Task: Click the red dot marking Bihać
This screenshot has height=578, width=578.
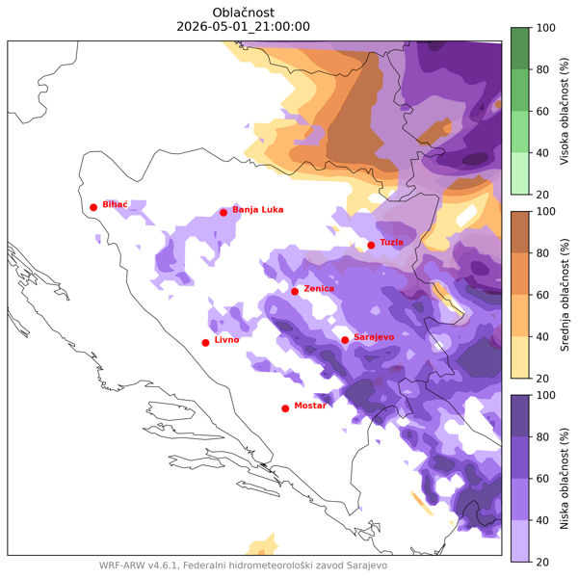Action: pyautogui.click(x=93, y=207)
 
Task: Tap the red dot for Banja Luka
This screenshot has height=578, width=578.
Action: pyautogui.click(x=223, y=213)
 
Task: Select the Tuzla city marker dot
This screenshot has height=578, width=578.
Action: pyautogui.click(x=371, y=246)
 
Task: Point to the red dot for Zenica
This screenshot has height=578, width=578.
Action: pyautogui.click(x=295, y=292)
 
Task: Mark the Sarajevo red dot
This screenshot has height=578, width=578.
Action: pyautogui.click(x=345, y=340)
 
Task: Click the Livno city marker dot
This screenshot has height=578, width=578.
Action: pyautogui.click(x=205, y=343)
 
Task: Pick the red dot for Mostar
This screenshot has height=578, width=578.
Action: pyautogui.click(x=285, y=408)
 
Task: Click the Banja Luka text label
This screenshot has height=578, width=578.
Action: pyautogui.click(x=258, y=209)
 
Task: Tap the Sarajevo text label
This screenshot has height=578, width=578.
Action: pyautogui.click(x=374, y=337)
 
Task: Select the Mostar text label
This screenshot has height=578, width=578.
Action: pyautogui.click(x=310, y=406)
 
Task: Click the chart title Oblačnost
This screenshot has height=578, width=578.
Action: pyautogui.click(x=244, y=12)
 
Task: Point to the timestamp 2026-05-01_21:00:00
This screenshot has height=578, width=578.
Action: pyautogui.click(x=244, y=27)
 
